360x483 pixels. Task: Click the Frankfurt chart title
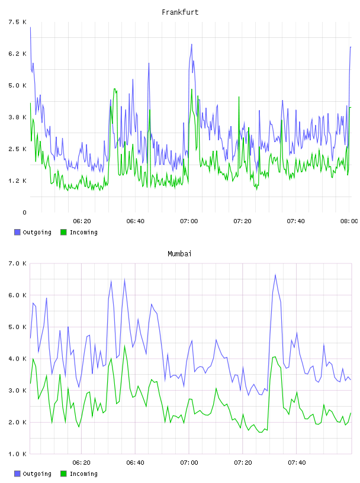[x=180, y=12]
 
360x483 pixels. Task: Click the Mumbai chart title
[x=179, y=254]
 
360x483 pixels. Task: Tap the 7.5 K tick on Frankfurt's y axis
[x=17, y=22]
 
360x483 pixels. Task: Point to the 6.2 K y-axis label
[x=17, y=54]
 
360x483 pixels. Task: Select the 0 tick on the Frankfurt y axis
[x=24, y=212]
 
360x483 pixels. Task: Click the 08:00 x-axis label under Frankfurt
[x=349, y=221]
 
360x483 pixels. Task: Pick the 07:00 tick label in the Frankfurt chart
[x=189, y=221]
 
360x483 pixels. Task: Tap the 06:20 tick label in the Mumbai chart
[x=81, y=463]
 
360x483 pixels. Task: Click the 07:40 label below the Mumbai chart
[x=297, y=463]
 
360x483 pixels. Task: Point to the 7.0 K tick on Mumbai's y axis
[x=17, y=263]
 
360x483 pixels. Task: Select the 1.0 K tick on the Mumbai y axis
[x=17, y=454]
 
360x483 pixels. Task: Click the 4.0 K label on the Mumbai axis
[x=17, y=359]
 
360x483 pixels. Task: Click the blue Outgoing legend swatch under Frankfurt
[x=17, y=232]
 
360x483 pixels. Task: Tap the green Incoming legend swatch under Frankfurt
[x=63, y=232]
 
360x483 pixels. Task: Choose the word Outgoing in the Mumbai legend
[x=37, y=474]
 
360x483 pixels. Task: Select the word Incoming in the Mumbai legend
[x=83, y=474]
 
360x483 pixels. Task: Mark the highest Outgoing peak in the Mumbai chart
[x=275, y=275]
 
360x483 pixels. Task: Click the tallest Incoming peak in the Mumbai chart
[x=125, y=346]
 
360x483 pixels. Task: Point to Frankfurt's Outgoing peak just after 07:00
[x=191, y=44]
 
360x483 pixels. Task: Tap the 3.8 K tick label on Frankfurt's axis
[x=17, y=117]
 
